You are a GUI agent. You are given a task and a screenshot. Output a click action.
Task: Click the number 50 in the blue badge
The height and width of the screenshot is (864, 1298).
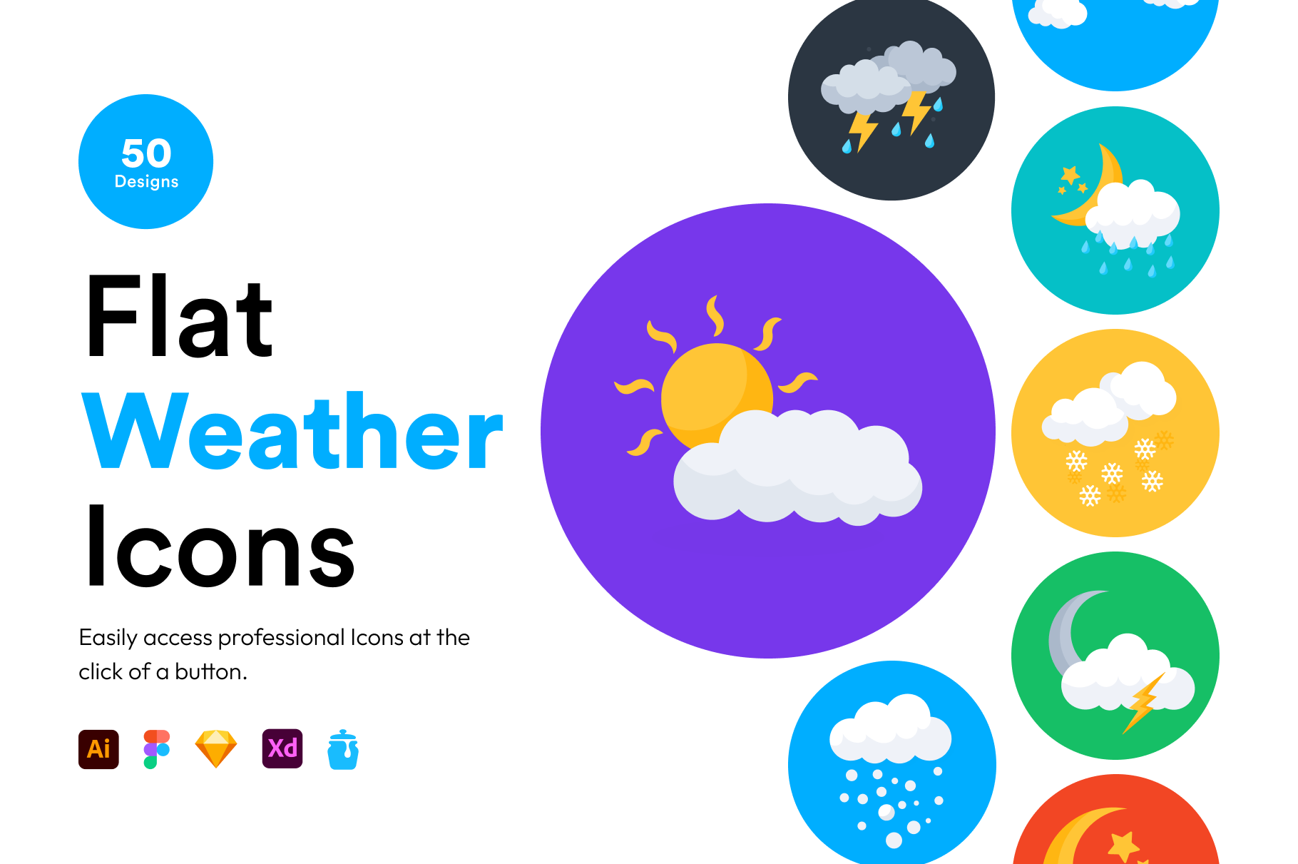coord(146,153)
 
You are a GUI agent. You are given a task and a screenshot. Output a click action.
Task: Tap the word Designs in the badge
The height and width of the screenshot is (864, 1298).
coord(146,182)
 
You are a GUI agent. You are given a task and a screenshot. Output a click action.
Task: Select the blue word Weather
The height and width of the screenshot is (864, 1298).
coord(293,431)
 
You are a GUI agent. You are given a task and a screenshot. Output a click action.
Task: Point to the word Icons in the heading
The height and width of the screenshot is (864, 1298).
coord(220,547)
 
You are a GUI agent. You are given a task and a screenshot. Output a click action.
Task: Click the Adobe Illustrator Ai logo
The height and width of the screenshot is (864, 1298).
coord(98,749)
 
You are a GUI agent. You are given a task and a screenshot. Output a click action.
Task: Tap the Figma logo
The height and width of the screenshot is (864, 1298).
coord(157,749)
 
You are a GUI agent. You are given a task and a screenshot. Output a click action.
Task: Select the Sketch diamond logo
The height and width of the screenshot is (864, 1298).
coord(215,749)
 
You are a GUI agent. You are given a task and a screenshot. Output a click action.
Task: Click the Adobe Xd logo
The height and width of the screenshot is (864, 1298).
coord(282,748)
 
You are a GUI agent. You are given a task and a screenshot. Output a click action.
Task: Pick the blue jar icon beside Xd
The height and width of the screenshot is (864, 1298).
coord(343,750)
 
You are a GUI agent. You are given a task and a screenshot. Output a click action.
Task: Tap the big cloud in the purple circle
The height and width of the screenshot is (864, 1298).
coord(797,468)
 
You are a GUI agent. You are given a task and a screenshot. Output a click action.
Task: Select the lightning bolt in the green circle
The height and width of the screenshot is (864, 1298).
coord(1143,703)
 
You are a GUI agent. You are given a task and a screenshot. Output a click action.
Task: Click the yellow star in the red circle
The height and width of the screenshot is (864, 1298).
coord(1123,846)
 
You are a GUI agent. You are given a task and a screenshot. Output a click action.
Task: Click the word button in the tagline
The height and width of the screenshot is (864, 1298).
coord(211,672)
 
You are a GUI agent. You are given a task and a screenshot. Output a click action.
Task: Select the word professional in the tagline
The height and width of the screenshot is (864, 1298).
coord(282,638)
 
